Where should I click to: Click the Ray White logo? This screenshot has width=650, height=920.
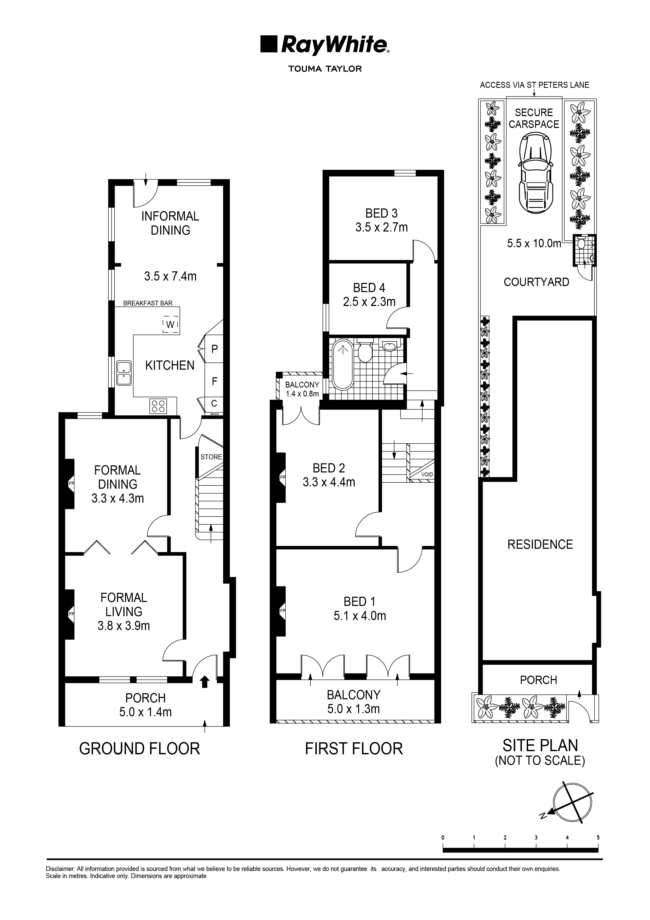click(x=325, y=45)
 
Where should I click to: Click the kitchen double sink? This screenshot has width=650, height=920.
click(x=124, y=373)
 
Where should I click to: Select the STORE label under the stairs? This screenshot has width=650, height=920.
click(x=211, y=457)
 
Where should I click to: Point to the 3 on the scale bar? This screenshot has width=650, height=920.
click(x=536, y=837)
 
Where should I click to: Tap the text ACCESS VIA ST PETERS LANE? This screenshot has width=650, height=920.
click(x=534, y=85)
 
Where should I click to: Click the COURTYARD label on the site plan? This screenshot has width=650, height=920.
click(x=536, y=282)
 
